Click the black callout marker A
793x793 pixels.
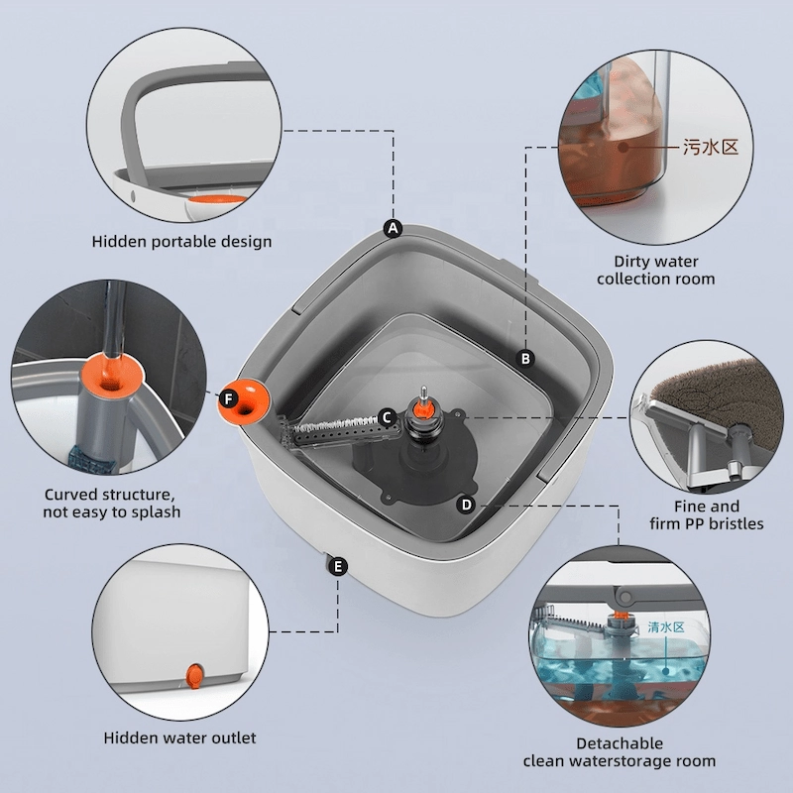tap(393, 229)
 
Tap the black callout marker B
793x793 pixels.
tap(525, 359)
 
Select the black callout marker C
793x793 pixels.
tap(387, 417)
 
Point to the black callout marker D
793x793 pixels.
tap(466, 505)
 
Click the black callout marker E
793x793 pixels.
tap(338, 566)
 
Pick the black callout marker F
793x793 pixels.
tap(229, 399)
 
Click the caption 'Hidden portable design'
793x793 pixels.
tap(181, 242)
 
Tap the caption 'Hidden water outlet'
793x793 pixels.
tap(179, 737)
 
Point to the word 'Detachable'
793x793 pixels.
tap(620, 743)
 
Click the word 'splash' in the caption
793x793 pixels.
tap(156, 512)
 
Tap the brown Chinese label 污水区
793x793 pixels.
tap(711, 147)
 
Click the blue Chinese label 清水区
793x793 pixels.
tap(666, 627)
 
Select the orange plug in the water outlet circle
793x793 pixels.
tap(194, 676)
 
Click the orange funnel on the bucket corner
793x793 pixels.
tap(245, 402)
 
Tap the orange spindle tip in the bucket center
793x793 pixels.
tap(422, 407)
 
